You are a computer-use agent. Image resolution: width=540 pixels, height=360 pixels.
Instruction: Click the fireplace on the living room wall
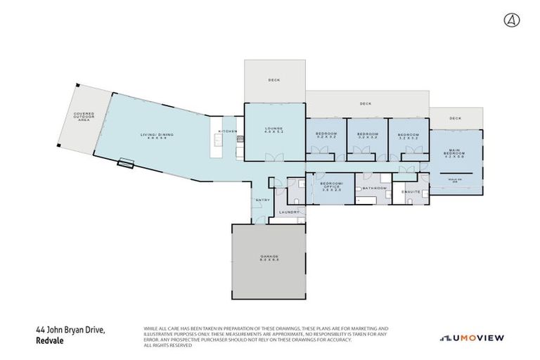point(126,165)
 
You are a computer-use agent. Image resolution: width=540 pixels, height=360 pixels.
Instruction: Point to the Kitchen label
point(228,131)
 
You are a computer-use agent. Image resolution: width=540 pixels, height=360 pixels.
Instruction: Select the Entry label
point(263,200)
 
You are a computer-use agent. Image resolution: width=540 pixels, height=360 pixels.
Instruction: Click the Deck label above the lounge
point(274,80)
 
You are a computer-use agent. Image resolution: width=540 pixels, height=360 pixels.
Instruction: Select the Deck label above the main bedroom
point(456,118)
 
